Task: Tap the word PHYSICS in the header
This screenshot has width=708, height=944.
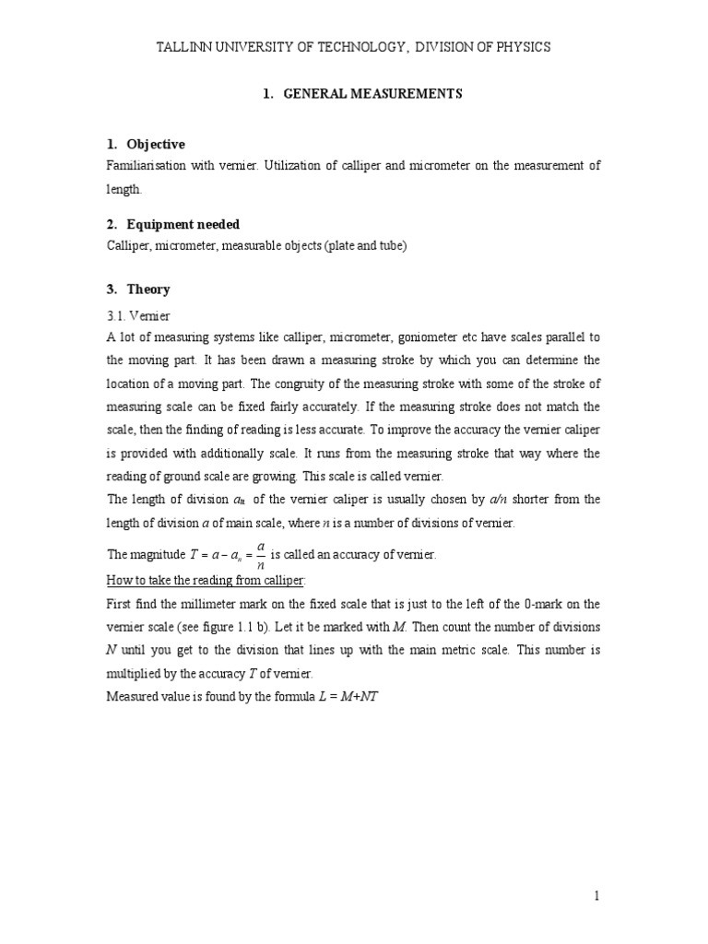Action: pyautogui.click(x=523, y=47)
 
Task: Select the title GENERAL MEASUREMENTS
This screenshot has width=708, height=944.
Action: pyautogui.click(x=371, y=94)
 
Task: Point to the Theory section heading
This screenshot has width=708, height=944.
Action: pyautogui.click(x=148, y=289)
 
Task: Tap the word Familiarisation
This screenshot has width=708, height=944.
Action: pyautogui.click(x=148, y=166)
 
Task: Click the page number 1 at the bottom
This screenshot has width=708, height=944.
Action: pyautogui.click(x=597, y=895)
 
